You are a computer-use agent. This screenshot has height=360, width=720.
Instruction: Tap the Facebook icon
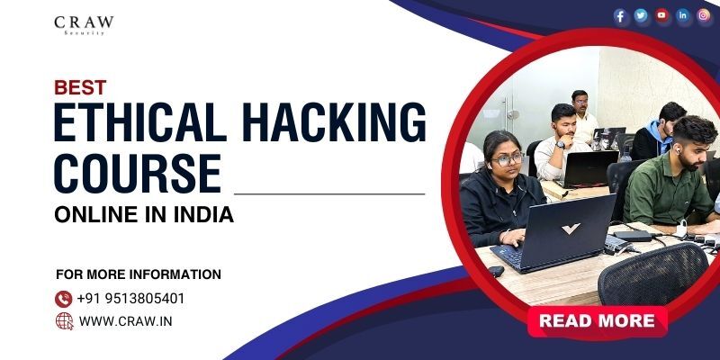pos(620,15)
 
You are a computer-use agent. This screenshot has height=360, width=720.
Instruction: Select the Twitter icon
pos(641,15)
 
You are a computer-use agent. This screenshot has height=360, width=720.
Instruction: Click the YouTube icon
pos(662,15)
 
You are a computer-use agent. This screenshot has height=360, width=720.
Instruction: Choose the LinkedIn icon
pos(684,15)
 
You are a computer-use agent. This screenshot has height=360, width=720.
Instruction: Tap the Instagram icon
pos(705,15)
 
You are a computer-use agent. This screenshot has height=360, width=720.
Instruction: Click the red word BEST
pos(81,87)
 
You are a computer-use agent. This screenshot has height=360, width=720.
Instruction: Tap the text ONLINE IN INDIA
pos(144,215)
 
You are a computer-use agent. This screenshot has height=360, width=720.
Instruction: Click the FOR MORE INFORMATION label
pos(138,274)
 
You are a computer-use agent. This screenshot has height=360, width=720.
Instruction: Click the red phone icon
pos(64,298)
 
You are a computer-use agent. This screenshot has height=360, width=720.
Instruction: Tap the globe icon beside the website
pos(64,321)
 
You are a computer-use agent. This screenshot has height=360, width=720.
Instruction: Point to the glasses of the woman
pos(507,158)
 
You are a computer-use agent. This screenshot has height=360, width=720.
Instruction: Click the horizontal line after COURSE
pos(328,193)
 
